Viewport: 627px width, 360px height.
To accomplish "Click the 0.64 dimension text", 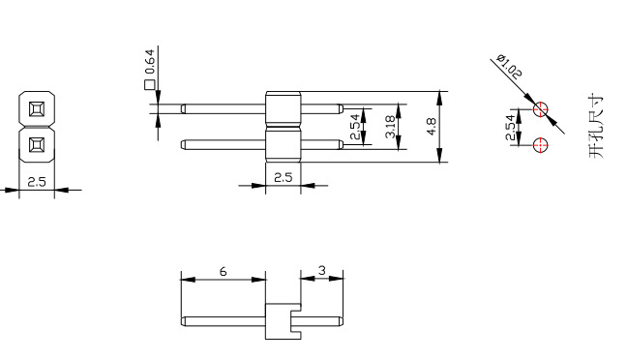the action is click(150, 62).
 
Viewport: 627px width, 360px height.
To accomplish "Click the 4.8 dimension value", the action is click(432, 127).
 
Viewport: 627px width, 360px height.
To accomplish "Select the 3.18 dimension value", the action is click(390, 127).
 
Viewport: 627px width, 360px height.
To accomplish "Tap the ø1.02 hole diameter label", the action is click(509, 67).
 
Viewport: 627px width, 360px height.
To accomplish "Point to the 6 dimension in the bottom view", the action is click(224, 272).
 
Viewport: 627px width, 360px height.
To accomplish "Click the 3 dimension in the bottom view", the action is click(322, 271).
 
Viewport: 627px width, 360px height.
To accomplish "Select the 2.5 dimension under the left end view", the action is click(37, 182).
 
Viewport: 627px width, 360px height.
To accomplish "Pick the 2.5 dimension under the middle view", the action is click(284, 177).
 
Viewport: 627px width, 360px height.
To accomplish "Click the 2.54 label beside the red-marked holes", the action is click(510, 127).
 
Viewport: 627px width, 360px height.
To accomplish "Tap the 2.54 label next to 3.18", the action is click(355, 127).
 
